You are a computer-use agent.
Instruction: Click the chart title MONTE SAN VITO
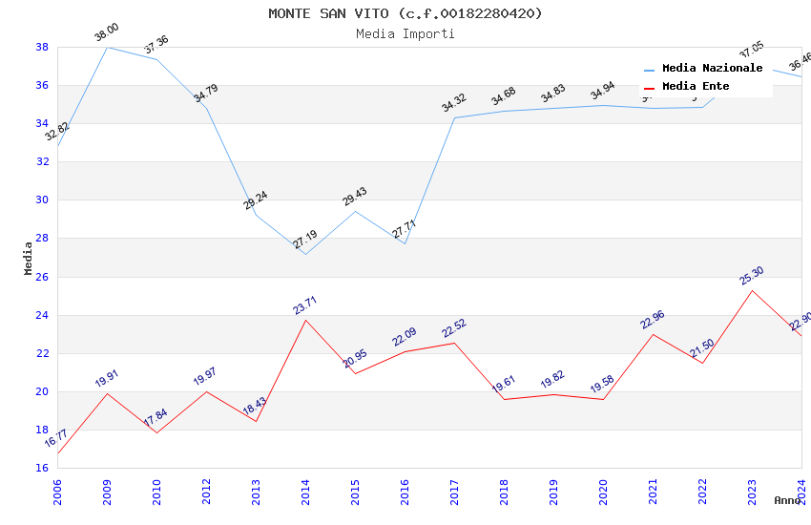[405, 13]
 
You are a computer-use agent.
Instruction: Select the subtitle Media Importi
[405, 33]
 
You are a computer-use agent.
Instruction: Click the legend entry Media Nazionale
[712, 69]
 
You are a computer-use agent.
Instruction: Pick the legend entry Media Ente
[696, 87]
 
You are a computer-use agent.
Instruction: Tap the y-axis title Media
[29, 258]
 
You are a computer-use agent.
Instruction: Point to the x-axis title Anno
[787, 500]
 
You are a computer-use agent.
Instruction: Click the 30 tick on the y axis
[42, 200]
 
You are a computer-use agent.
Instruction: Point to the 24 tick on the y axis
[42, 315]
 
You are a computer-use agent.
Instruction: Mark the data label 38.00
[106, 35]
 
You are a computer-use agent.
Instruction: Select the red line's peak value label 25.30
[752, 276]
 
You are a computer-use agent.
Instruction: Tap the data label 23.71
[305, 305]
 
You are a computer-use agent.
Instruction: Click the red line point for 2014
[305, 320]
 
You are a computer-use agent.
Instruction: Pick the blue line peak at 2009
[107, 47]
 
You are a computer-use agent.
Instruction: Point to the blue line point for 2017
[454, 117]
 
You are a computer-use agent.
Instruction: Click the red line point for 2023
[752, 290]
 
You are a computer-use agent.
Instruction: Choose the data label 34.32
[454, 103]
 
